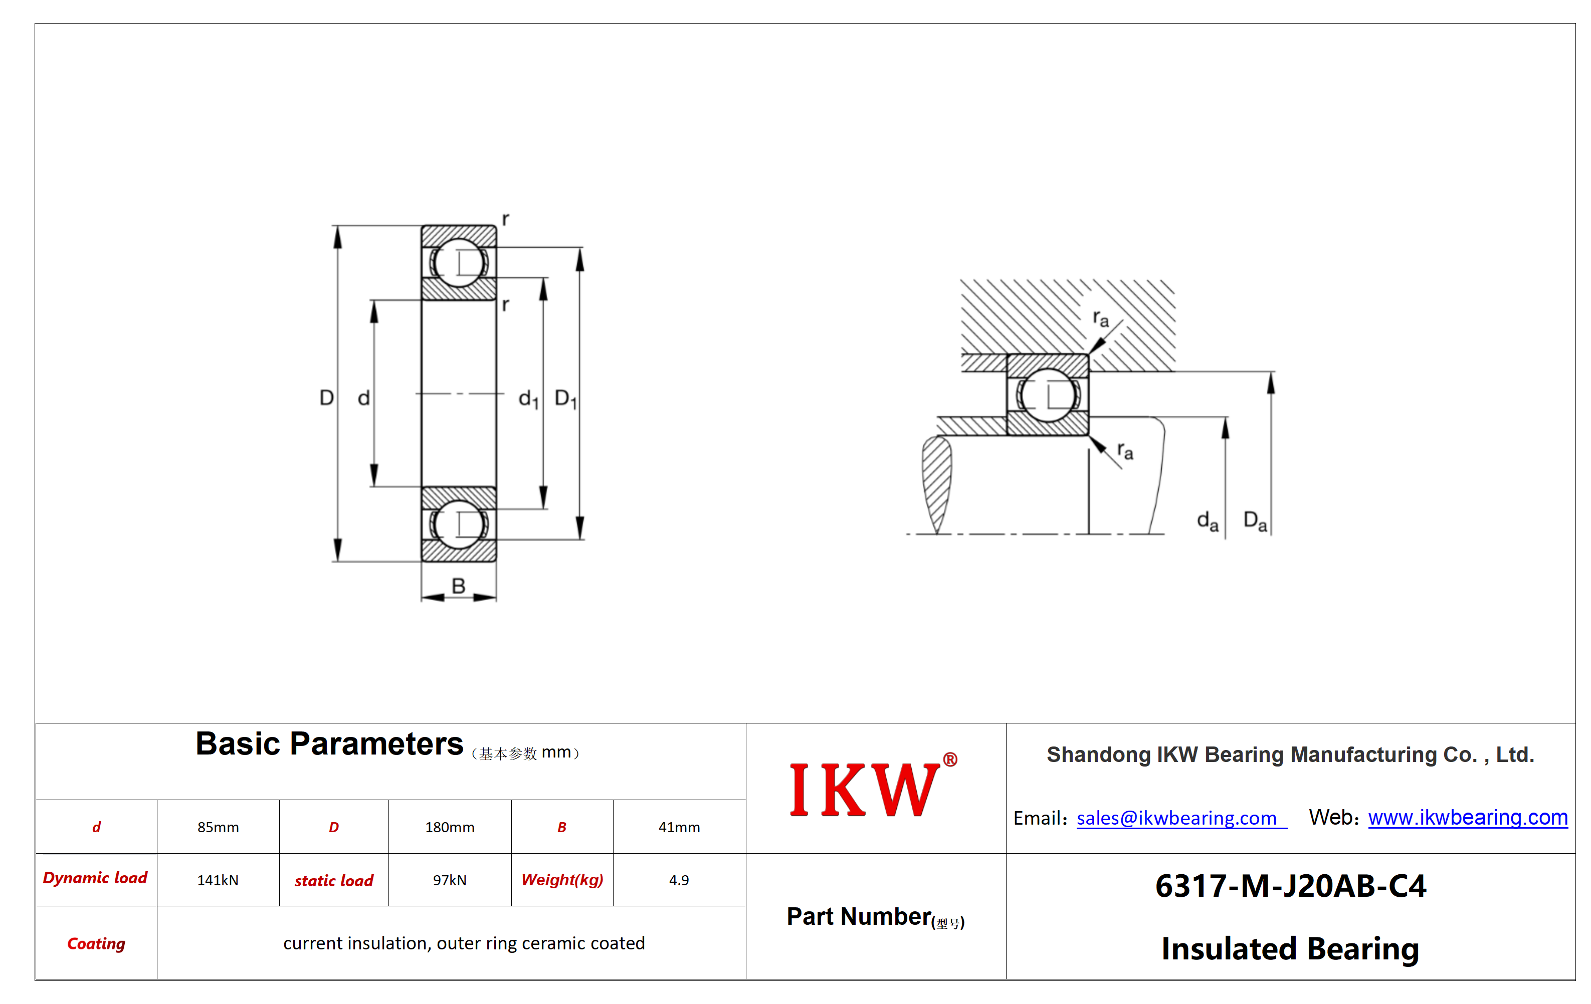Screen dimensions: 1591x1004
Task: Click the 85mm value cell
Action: click(218, 827)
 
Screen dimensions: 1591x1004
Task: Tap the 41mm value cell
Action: click(679, 827)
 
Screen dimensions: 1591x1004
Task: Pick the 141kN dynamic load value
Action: click(218, 880)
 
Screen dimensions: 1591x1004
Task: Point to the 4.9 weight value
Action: click(679, 880)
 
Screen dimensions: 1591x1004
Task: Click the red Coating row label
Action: click(96, 943)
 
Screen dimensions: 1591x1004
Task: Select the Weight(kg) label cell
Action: click(562, 880)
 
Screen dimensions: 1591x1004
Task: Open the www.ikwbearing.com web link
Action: click(1468, 817)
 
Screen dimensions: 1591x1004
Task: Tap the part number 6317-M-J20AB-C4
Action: click(1290, 886)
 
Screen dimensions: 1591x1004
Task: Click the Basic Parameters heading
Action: click(329, 744)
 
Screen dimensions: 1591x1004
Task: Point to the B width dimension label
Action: click(459, 586)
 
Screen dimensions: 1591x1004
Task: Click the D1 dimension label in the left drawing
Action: click(565, 399)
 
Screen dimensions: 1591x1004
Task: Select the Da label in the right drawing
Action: click(1255, 521)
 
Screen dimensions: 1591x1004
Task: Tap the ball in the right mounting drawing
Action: click(1048, 395)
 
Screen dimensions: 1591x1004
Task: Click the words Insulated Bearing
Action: click(1290, 948)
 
